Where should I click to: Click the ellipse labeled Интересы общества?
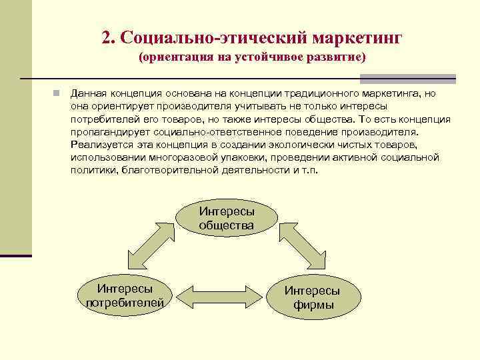point(226,218)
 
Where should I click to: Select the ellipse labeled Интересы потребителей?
point(125,296)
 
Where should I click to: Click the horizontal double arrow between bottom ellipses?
point(219,295)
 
